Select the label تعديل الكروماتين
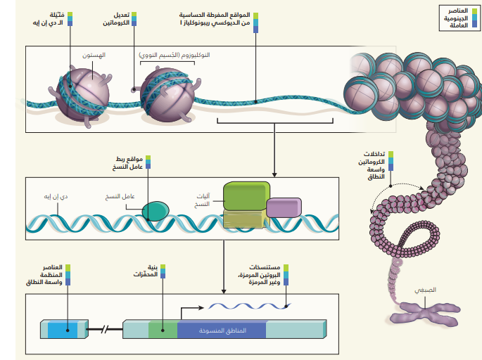115,19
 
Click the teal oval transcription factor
156,211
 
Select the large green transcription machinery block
246,197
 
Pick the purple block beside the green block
284,207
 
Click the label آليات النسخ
203,200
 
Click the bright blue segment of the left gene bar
63,329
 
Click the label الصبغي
425,290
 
